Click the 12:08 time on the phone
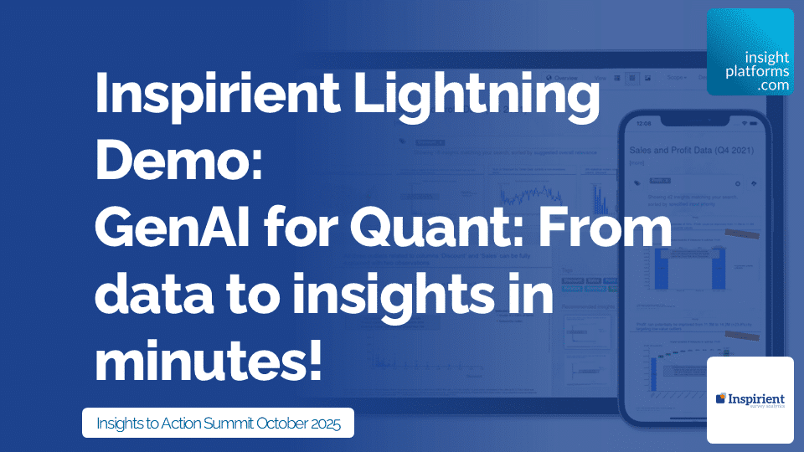pos(642,122)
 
